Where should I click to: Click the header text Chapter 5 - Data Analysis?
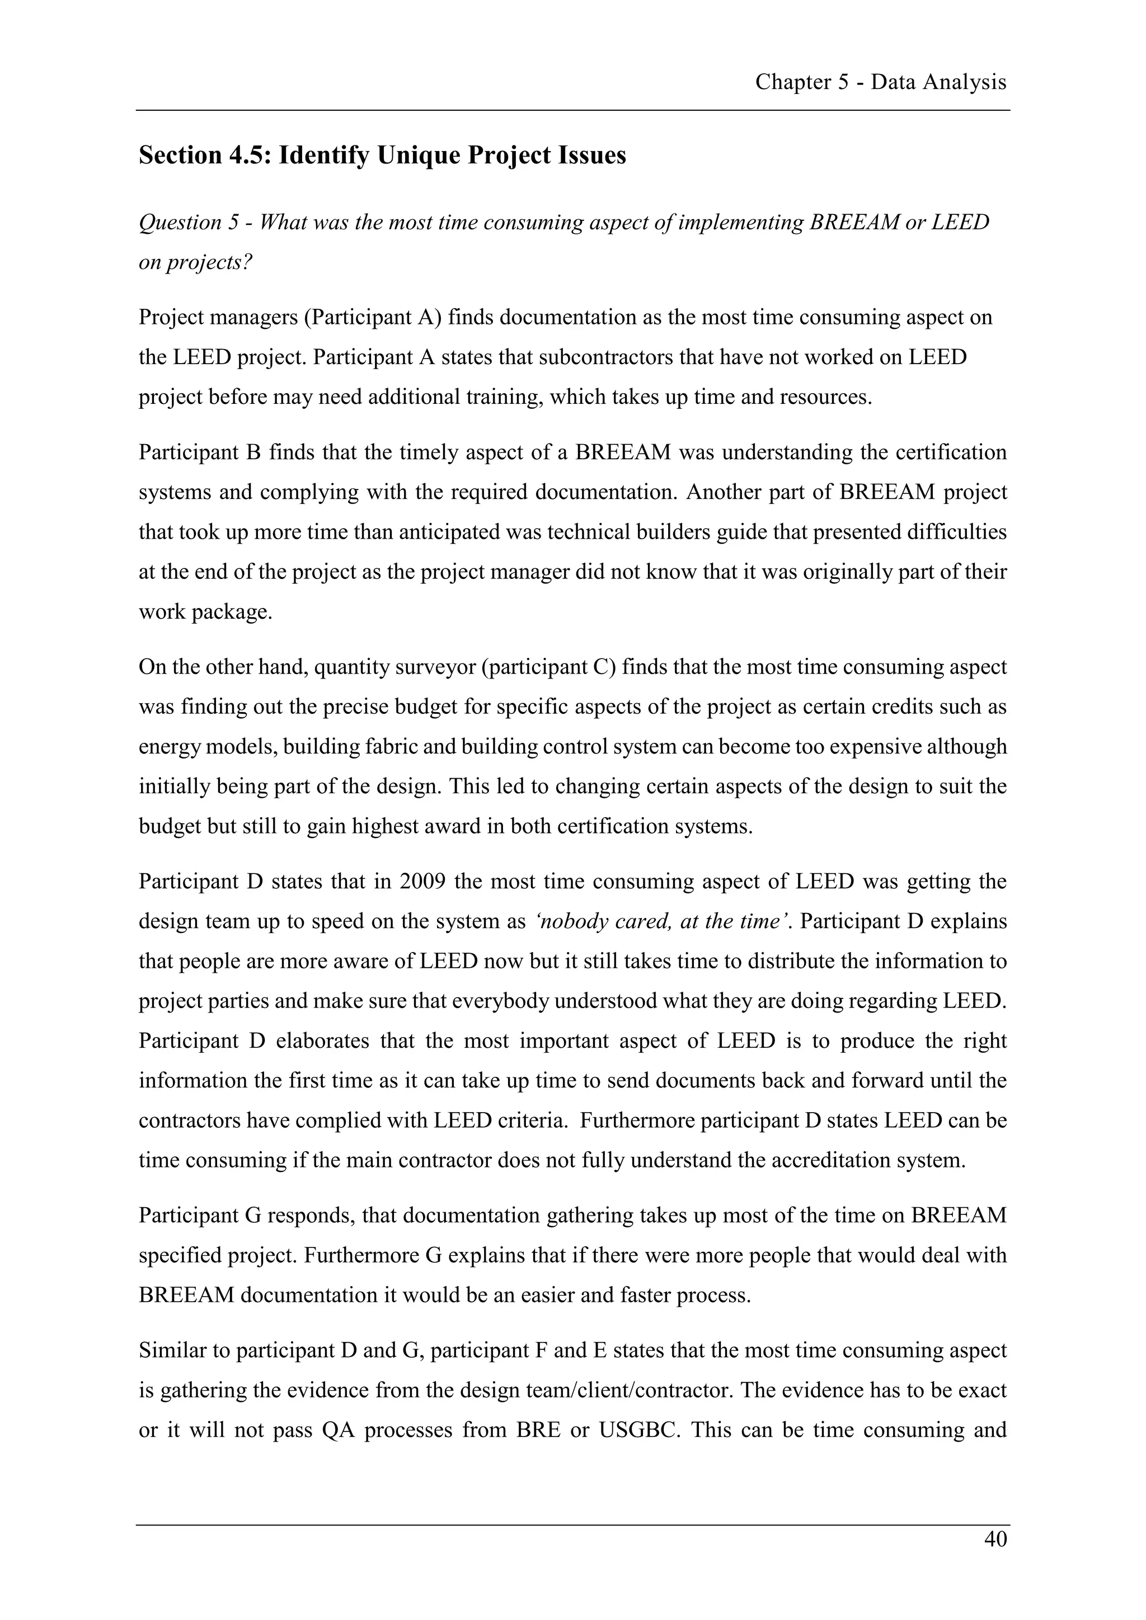pyautogui.click(x=880, y=83)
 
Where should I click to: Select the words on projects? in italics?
pyautogui.click(x=195, y=262)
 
